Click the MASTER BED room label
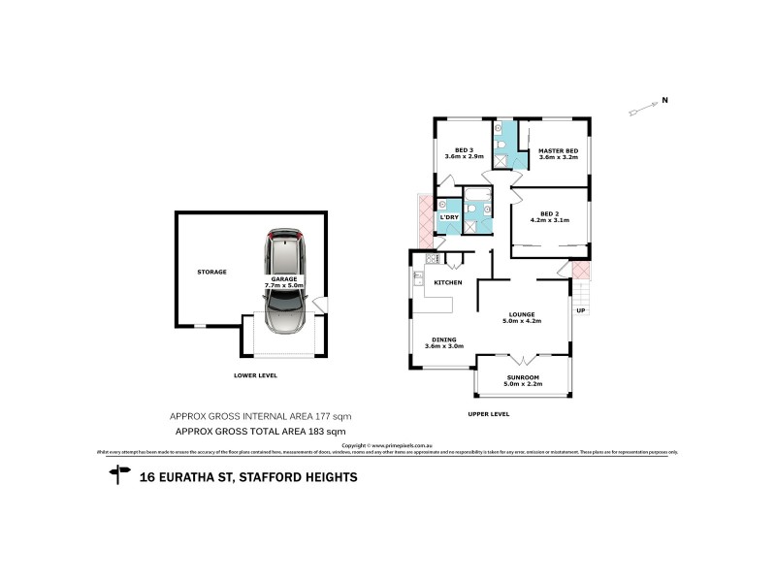(x=558, y=150)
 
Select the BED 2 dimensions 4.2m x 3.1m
(x=549, y=221)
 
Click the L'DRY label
(x=448, y=217)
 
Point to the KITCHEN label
(x=446, y=281)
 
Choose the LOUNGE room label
(x=521, y=314)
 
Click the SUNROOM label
(x=522, y=376)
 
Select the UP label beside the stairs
(x=580, y=310)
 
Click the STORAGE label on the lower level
(x=211, y=272)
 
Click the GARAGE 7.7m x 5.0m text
(x=284, y=282)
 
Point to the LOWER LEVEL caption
(x=256, y=374)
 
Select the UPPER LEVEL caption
(x=488, y=413)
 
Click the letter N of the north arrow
(x=664, y=99)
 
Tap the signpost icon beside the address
(x=120, y=474)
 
